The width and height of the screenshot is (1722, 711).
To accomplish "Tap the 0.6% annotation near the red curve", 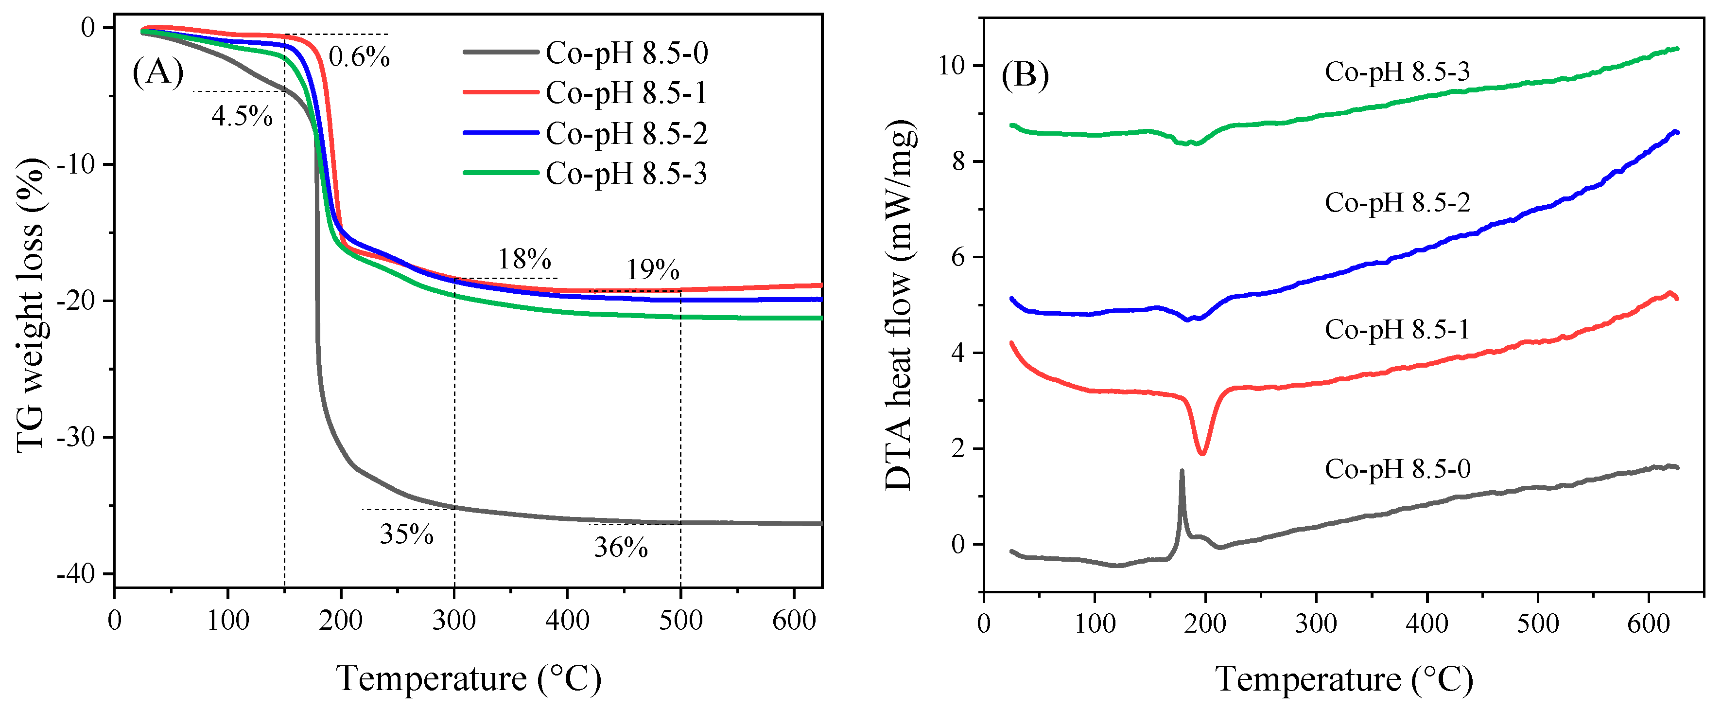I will [x=359, y=57].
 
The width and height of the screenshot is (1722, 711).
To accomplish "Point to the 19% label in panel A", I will [x=652, y=271].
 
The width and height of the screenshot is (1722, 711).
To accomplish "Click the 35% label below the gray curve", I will [x=406, y=534].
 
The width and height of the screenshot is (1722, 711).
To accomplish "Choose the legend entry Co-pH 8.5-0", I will [x=626, y=53].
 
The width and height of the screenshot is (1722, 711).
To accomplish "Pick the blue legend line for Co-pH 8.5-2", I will [x=502, y=133].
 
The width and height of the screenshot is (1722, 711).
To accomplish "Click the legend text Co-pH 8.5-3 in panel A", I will [x=626, y=174].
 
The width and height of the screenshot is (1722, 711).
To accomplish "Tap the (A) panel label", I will [x=158, y=71].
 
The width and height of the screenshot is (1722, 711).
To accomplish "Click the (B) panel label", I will [x=1025, y=75].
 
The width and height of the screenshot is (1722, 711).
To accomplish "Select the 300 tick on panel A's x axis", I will [x=454, y=621].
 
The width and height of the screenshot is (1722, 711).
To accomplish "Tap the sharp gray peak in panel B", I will [x=1182, y=473].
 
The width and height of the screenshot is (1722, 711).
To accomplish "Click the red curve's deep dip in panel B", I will [x=1202, y=453].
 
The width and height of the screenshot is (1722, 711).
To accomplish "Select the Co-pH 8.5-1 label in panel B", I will [x=1397, y=330].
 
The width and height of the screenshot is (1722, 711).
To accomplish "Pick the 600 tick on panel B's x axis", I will [x=1648, y=624].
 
